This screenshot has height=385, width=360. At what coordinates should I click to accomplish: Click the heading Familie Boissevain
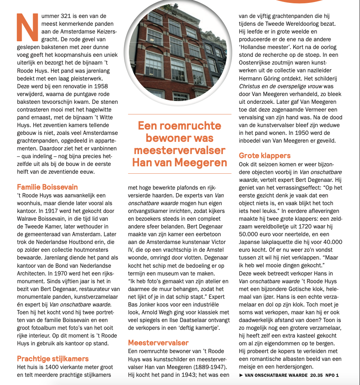click(47, 187)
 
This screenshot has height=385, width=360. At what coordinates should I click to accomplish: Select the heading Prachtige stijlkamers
click(53, 358)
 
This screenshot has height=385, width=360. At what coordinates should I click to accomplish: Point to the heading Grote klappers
click(265, 155)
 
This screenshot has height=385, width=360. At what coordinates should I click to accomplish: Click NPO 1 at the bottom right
click(334, 375)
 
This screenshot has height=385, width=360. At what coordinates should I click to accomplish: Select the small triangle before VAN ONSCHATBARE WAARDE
click(241, 375)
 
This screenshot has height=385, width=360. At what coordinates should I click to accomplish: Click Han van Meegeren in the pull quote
click(180, 163)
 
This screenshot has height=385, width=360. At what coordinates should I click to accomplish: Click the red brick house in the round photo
click(176, 53)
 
